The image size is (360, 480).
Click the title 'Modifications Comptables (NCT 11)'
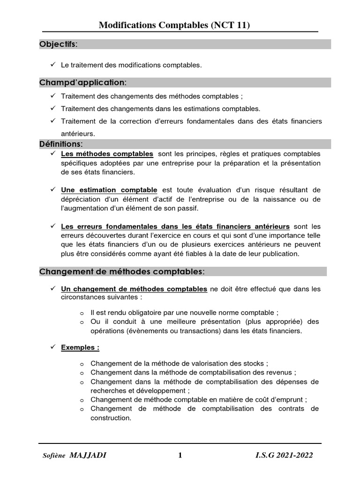tap(174, 25)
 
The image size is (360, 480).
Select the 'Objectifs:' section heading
tap(59, 44)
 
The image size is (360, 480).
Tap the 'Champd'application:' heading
tap(83, 82)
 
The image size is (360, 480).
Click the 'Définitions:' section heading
tap(61, 144)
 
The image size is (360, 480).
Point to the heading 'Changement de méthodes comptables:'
tap(122, 271)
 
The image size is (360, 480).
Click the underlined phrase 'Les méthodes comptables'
tap(107, 154)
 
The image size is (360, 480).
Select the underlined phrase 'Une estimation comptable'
tap(109, 190)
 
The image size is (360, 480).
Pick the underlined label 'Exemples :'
tap(80, 348)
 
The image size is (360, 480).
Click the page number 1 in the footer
tap(180, 455)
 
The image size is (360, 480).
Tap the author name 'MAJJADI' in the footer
tap(88, 455)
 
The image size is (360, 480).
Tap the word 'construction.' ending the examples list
tap(111, 418)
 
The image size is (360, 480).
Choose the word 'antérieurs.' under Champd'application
tap(78, 134)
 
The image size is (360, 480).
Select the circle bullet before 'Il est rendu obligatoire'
tap(82, 313)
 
